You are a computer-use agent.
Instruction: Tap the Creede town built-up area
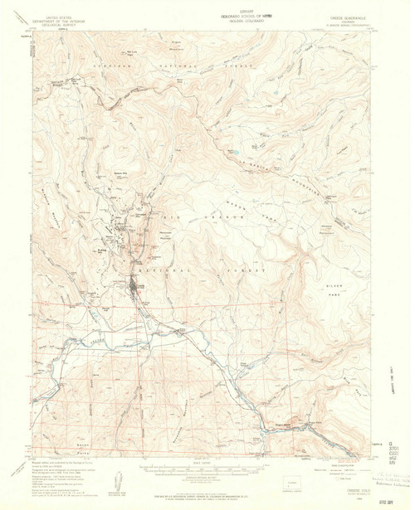(138, 290)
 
